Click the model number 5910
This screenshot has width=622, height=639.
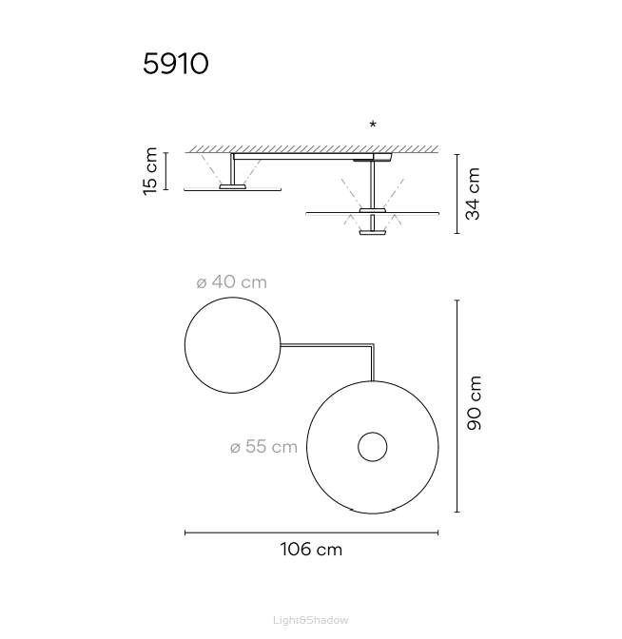point(175,64)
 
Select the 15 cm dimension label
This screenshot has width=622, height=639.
point(150,171)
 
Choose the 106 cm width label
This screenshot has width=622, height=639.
point(311,550)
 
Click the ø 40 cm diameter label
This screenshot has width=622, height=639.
point(231,282)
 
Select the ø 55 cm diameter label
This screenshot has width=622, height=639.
point(263,447)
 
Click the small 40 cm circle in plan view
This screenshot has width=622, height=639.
point(232,345)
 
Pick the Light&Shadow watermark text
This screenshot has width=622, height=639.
point(311,620)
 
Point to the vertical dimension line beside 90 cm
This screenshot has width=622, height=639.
point(457,405)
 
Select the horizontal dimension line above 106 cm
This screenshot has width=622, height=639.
point(311,532)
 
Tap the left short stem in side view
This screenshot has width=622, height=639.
point(232,169)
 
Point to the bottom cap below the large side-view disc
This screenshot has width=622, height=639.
point(372,230)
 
